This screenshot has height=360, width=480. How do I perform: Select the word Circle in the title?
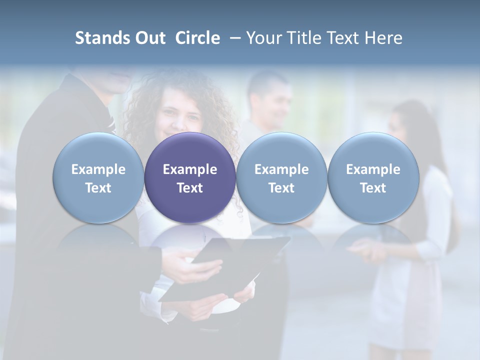(197, 38)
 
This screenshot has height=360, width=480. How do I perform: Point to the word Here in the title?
(382, 38)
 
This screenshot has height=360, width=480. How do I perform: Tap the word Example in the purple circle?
(190, 169)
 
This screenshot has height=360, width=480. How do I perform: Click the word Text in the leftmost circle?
(98, 188)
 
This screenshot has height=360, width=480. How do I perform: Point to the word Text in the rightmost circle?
(373, 188)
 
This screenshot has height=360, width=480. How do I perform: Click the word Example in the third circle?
(281, 169)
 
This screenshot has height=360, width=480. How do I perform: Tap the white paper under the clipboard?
(235, 300)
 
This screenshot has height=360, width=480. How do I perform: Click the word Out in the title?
(148, 38)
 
